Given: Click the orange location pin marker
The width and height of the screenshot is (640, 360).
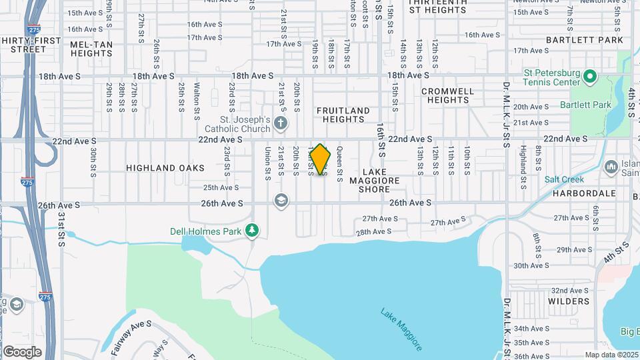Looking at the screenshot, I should coord(321,159).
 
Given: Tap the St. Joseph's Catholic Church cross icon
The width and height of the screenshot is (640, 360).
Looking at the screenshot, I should coord(281,123).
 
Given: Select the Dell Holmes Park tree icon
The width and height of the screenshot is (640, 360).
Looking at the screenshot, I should coord(252,231).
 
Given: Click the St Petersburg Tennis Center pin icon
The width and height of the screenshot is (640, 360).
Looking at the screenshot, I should coord(589,77).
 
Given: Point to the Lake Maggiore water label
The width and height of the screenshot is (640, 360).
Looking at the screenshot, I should coord(401,328).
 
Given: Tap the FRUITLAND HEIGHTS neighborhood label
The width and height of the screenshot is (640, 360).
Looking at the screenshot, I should coord(343,115).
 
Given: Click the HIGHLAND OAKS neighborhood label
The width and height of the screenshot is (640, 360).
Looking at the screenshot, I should coord(165,168).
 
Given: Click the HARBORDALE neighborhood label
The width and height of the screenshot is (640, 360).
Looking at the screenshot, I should coord(584,193).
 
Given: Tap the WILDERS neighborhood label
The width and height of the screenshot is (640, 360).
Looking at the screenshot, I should coord(569,301).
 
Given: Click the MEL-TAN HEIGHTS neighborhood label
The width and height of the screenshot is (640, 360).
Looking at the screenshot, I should coord(91,49).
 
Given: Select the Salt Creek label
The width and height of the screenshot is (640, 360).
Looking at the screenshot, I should coord(564,179).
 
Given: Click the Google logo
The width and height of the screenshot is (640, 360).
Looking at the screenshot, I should coord(22,351).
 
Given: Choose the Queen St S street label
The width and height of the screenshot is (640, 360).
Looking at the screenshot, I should coord(339,165).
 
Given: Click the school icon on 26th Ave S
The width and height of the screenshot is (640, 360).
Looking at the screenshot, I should coord(281,201).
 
